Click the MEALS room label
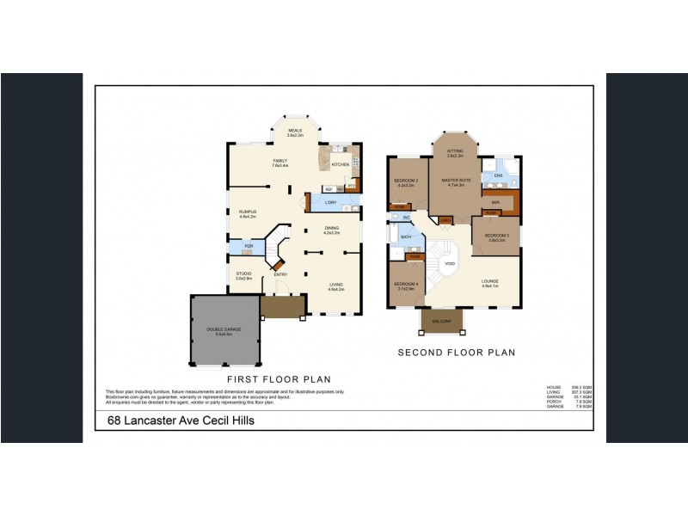click(295, 131)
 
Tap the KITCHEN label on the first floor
click(341, 164)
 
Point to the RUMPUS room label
click(248, 212)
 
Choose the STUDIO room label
click(244, 273)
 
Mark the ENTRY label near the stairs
click(281, 274)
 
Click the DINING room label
click(331, 227)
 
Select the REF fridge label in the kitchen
click(329, 188)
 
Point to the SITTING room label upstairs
click(455, 151)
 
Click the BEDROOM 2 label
click(405, 181)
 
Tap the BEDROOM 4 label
click(405, 285)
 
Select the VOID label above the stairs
click(450, 264)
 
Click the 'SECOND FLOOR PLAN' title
click(456, 353)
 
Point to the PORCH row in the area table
click(569, 400)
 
